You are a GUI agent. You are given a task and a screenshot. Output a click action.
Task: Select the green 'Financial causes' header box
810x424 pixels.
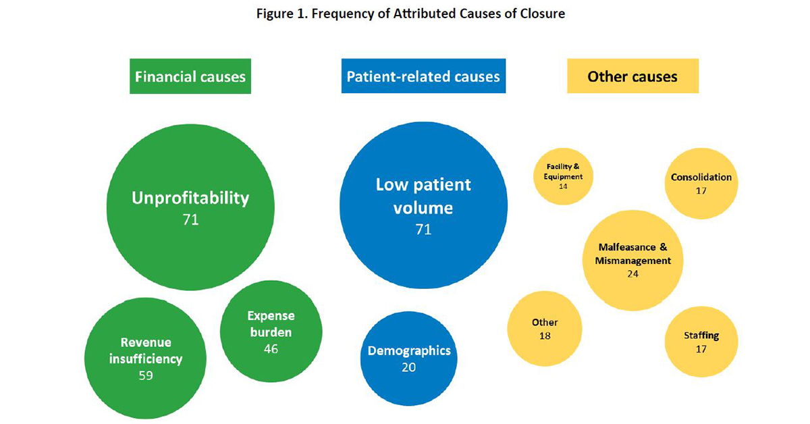click(x=190, y=76)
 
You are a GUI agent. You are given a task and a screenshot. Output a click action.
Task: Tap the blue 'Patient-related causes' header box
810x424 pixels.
click(x=423, y=76)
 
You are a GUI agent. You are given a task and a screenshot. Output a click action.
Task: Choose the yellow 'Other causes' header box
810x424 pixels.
click(x=632, y=76)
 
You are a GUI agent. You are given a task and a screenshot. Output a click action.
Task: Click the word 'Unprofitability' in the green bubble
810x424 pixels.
click(x=190, y=198)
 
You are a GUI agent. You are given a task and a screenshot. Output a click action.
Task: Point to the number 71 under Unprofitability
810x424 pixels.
click(x=190, y=219)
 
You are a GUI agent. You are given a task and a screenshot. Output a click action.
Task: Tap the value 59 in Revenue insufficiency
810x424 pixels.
click(x=146, y=375)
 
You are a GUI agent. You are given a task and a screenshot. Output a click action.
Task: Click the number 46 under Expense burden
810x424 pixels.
click(x=271, y=349)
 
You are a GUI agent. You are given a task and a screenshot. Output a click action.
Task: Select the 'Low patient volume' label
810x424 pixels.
click(x=423, y=196)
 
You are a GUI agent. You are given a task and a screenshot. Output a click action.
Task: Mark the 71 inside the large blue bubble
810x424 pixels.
click(x=423, y=230)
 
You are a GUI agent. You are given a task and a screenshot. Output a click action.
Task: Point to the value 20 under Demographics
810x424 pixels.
click(x=408, y=367)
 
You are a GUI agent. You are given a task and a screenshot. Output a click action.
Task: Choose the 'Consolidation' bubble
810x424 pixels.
click(x=701, y=182)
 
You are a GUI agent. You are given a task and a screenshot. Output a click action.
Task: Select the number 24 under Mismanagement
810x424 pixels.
click(x=632, y=274)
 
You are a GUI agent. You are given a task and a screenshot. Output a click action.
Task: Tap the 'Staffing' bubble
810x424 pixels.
click(x=701, y=341)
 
